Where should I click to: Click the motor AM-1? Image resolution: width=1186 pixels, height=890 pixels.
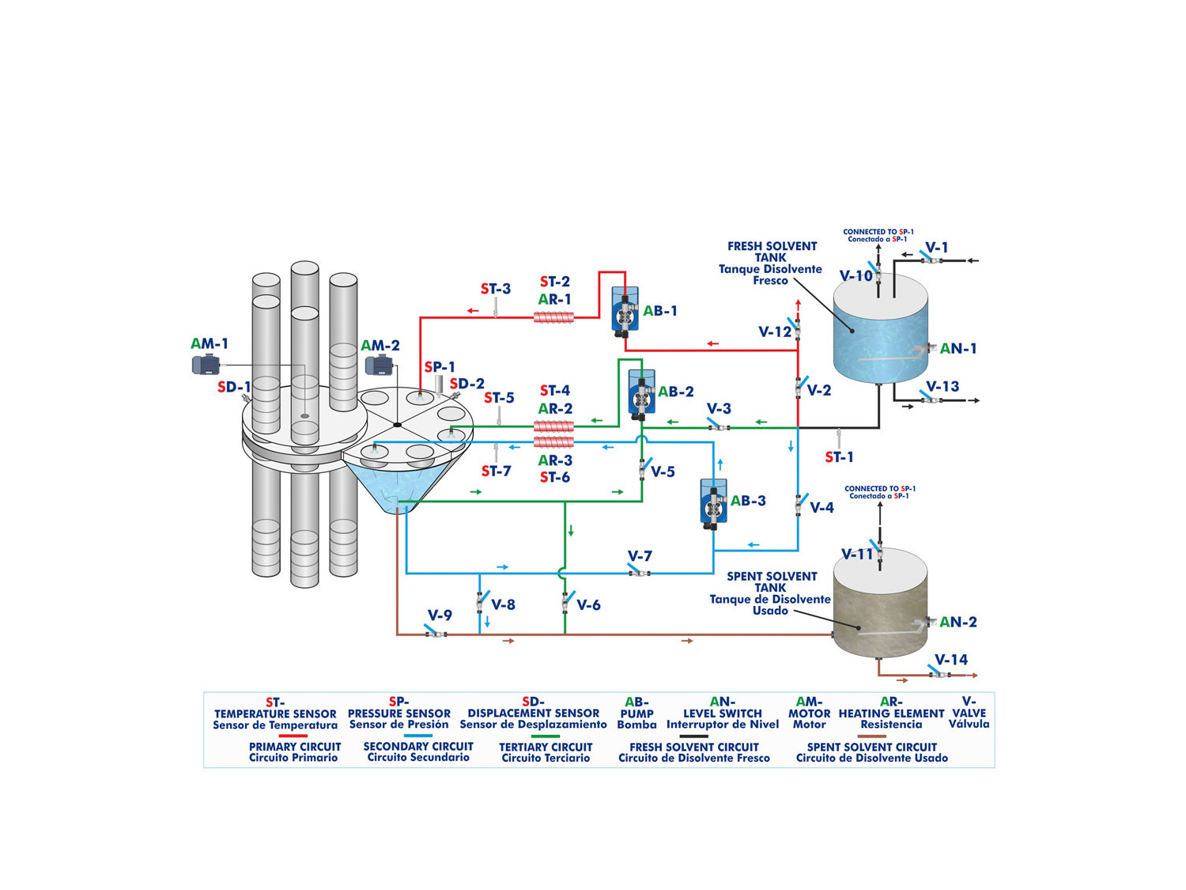pos(206,365)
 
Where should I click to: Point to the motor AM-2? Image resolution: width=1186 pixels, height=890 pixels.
pos(379,365)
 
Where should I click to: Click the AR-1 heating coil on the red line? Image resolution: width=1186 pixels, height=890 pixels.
pos(554,317)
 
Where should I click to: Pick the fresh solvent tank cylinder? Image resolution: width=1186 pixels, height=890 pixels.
pos(880,330)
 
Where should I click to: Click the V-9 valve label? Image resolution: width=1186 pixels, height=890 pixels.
pos(440,615)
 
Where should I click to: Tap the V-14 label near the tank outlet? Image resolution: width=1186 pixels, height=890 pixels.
pos(950,660)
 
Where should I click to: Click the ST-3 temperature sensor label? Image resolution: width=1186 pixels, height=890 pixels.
pos(496,290)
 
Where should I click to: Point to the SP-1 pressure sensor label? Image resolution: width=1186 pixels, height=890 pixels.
pos(440,367)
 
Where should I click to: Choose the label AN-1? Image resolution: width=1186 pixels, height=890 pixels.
pos(958,349)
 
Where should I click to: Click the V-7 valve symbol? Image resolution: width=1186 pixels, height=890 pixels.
pos(638,571)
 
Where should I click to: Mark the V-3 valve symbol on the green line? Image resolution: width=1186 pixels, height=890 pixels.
pos(718,426)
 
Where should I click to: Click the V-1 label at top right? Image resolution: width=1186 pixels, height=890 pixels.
pos(937,248)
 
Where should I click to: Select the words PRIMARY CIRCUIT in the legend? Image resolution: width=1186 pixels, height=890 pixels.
pos(295,746)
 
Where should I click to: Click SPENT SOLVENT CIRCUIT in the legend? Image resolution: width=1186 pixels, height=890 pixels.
pos(871,747)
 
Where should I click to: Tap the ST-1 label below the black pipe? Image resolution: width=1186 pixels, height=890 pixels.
pos(839,457)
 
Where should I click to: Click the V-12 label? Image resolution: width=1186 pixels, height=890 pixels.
pos(774,332)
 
